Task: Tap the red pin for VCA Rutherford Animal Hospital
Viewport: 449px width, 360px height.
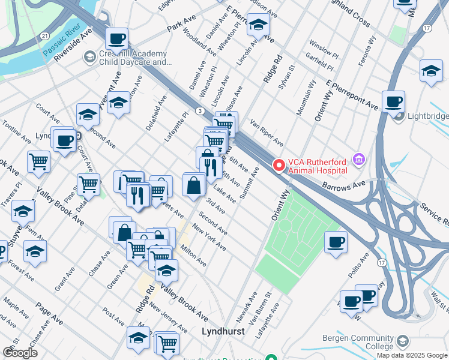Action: pos(279,165)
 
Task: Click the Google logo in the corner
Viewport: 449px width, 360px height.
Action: pos(20,353)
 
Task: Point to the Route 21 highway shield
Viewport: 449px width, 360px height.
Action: pos(46,37)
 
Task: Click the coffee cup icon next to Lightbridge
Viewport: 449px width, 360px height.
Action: pos(393,101)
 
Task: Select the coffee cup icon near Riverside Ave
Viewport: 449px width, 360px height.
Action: pos(116,39)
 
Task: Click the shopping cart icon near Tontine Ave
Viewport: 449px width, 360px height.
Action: pos(38,161)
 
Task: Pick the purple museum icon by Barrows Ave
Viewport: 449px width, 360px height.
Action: pos(359,159)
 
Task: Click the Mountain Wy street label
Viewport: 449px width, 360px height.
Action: pos(305,98)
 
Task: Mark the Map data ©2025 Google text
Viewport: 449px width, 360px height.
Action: pos(412,355)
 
